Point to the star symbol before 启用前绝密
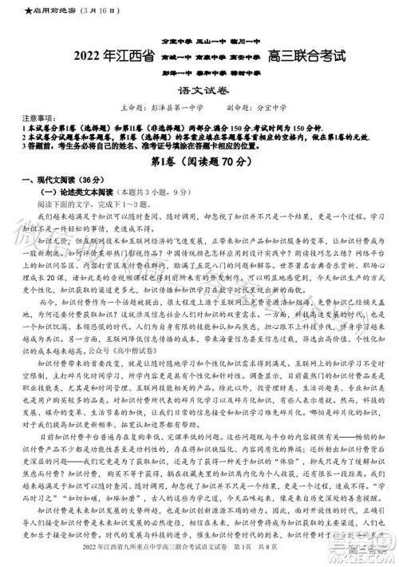tap(6, 10)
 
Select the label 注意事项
tap(21, 117)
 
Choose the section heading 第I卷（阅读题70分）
tap(199, 162)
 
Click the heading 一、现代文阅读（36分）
tap(48, 179)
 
